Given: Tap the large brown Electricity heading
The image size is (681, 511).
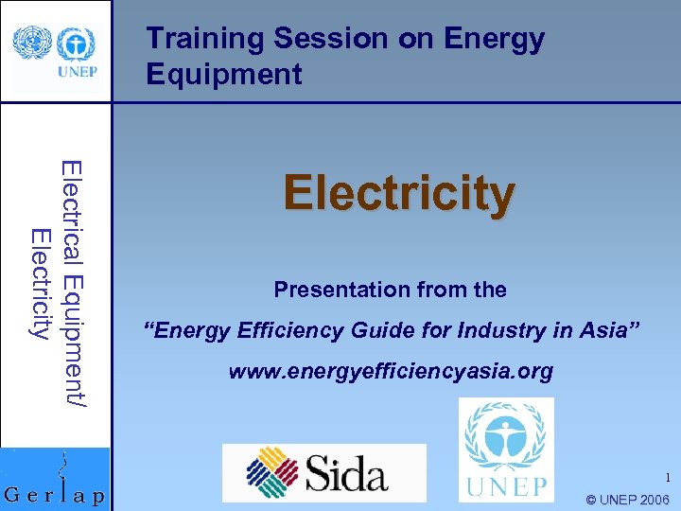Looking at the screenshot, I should (x=399, y=193).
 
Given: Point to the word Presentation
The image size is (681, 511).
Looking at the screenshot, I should (x=334, y=290).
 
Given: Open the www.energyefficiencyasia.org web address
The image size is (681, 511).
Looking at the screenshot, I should (x=391, y=371).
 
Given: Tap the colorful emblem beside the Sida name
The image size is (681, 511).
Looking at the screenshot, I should (x=273, y=472).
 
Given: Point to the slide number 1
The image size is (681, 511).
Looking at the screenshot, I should (x=666, y=478).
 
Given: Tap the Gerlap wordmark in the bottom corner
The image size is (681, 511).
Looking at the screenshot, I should (x=56, y=495).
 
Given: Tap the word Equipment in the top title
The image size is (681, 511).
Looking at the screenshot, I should (x=224, y=74).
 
